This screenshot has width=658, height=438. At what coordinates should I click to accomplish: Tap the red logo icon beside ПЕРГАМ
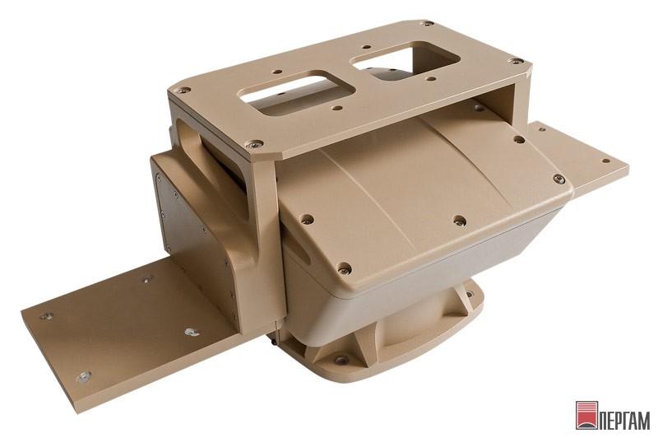pyautogui.click(x=586, y=416)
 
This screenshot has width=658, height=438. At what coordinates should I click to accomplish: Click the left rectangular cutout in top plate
pyautogui.click(x=297, y=93)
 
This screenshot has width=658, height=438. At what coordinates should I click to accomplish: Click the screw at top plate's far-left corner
pyautogui.click(x=183, y=90)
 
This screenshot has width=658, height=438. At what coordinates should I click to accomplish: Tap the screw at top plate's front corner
pyautogui.click(x=254, y=144)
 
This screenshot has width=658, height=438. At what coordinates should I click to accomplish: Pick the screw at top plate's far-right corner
pyautogui.click(x=516, y=61)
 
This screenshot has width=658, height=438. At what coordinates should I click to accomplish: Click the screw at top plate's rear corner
pyautogui.click(x=426, y=24)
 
